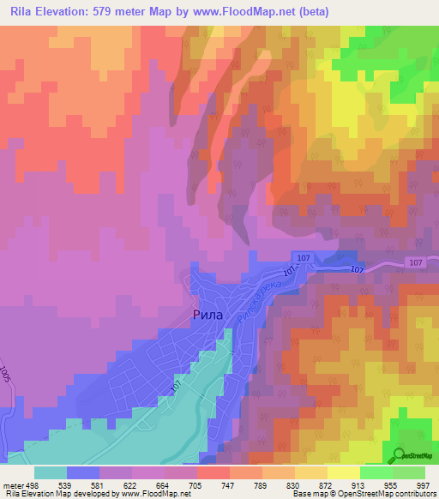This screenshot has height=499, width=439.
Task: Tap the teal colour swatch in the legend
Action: click(50, 472)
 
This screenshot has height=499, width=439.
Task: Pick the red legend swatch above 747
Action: click(213, 472)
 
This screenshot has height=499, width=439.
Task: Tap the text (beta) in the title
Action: click(315, 12)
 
